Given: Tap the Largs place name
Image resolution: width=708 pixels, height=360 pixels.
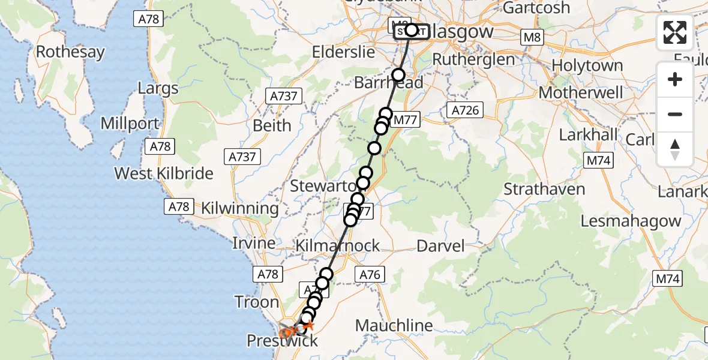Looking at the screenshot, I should pyautogui.click(x=158, y=89).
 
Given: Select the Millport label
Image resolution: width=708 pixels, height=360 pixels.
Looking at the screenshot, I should pyautogui.click(x=130, y=124).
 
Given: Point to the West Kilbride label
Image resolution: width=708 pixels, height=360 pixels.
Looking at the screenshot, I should pyautogui.click(x=164, y=173).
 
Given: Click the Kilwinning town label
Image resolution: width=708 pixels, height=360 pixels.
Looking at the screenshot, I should pyautogui.click(x=240, y=209).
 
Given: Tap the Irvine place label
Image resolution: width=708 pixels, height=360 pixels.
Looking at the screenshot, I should pyautogui.click(x=255, y=243).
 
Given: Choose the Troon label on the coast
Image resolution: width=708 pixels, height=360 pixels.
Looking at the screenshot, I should pyautogui.click(x=257, y=302).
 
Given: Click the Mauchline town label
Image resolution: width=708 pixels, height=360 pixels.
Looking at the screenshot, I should pyautogui.click(x=394, y=326).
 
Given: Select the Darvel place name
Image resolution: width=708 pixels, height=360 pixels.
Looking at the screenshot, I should pyautogui.click(x=440, y=245).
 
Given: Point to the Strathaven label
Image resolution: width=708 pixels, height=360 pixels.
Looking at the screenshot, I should pyautogui.click(x=544, y=190).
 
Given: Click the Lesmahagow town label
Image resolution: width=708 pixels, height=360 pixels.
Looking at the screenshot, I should pyautogui.click(x=631, y=221).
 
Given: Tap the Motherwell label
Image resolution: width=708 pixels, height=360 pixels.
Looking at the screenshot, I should pyautogui.click(x=581, y=93).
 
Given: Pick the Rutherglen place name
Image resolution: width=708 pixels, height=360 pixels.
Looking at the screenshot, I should pyautogui.click(x=473, y=59).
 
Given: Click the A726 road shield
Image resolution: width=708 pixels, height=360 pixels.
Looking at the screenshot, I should pyautogui.click(x=464, y=110).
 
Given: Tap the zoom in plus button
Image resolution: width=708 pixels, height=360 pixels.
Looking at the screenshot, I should pyautogui.click(x=675, y=80).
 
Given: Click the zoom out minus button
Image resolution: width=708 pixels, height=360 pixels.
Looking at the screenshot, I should pyautogui.click(x=675, y=115).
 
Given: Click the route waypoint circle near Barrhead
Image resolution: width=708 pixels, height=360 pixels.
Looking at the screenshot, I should pyautogui.click(x=398, y=75).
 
